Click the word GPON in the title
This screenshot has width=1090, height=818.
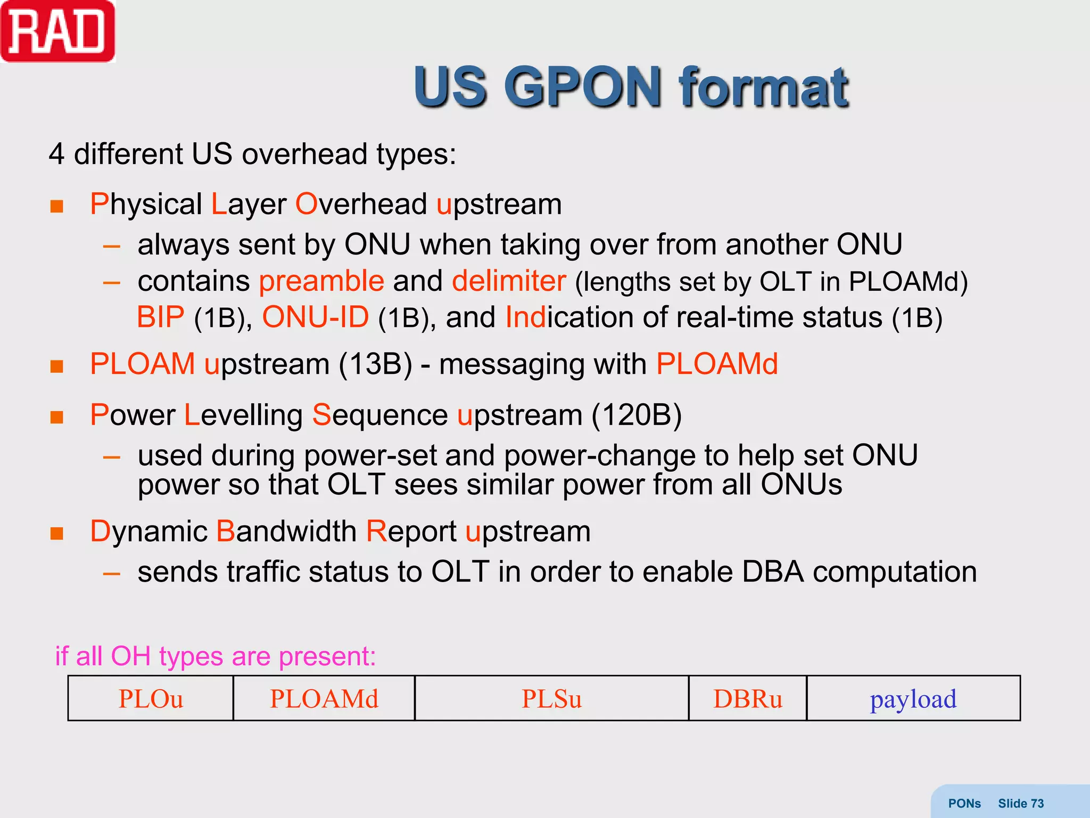tap(582, 87)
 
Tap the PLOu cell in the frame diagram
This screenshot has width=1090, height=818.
tap(151, 699)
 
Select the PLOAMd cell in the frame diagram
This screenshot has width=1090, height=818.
tap(324, 699)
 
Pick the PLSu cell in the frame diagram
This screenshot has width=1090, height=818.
tap(551, 699)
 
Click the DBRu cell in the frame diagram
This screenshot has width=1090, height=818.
tap(747, 699)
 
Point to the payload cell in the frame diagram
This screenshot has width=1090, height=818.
tap(913, 699)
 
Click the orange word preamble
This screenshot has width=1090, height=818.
tap(321, 281)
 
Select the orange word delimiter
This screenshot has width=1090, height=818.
tap(508, 281)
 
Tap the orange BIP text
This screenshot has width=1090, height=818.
tap(160, 317)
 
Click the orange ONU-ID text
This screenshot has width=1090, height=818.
tap(315, 317)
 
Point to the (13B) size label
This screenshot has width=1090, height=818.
tap(375, 364)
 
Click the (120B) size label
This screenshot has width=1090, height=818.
tap(637, 415)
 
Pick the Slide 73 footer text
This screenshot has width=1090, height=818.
tap(1020, 803)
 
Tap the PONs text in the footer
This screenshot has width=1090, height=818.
tap(964, 803)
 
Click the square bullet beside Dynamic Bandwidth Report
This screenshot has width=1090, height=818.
tap(57, 533)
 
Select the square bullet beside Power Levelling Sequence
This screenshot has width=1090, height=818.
tap(57, 417)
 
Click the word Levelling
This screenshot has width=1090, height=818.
tap(243, 415)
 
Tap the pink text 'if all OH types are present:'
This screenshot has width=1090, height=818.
tap(216, 656)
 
